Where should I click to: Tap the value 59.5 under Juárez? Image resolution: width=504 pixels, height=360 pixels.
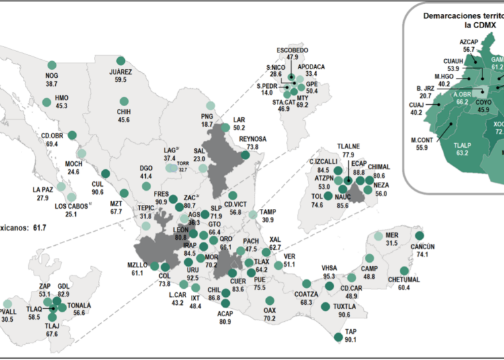coord(120,79)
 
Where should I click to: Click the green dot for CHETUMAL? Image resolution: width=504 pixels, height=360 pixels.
coord(404,271)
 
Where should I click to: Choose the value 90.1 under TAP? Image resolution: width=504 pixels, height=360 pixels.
coord(351,339)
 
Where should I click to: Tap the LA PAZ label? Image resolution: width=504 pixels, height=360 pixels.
coord(42,190)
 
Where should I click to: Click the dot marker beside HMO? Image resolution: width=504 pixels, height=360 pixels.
coord(46,103)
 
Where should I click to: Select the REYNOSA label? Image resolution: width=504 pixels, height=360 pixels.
coord(253,138)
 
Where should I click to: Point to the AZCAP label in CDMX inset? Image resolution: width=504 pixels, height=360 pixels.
coord(469,41)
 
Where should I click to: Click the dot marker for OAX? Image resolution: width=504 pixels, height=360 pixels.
coord(270,301)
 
